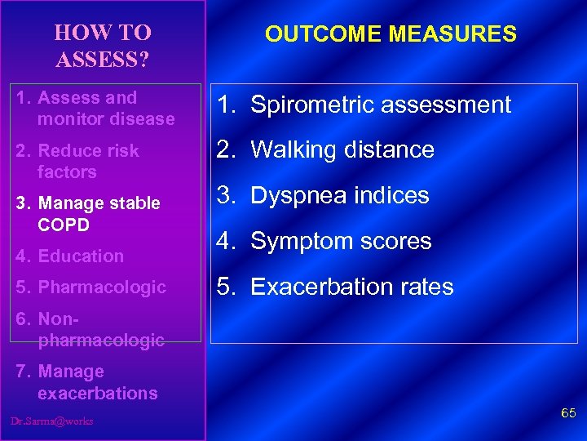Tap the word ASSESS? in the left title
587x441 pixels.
[102, 60]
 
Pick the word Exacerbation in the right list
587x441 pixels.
[319, 287]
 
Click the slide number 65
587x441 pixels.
[568, 415]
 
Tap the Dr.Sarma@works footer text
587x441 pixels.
[52, 421]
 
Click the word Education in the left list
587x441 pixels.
[81, 256]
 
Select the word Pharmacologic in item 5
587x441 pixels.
[102, 287]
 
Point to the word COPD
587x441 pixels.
[63, 225]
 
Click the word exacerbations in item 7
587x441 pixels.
[97, 394]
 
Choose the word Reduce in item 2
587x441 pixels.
[67, 151]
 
